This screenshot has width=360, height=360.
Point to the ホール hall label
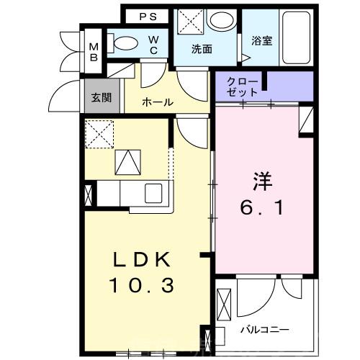click(157, 102)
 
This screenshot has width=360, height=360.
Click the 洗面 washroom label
click(202, 50)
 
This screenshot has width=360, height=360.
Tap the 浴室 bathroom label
click(261, 41)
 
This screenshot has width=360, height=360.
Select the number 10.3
click(142, 286)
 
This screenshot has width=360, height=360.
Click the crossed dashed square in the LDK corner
click(98, 132)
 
